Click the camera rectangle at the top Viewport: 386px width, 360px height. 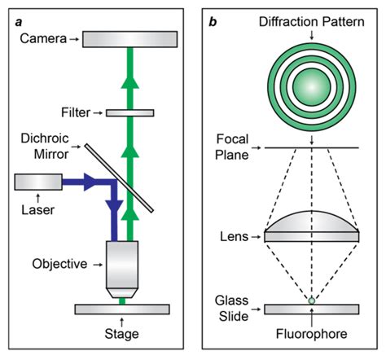click(130, 39)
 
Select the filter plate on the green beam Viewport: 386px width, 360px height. click(130, 112)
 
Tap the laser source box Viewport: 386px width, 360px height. click(38, 182)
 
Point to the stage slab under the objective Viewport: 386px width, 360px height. click(122, 310)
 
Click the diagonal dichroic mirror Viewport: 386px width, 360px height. click(119, 178)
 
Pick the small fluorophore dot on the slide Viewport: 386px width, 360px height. click(312, 301)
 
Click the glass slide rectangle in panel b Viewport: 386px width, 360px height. click(312, 310)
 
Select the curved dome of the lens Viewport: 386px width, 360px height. click(312, 222)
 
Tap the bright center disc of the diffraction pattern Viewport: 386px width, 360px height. click(312, 87)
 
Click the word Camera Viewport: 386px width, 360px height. click(43, 38)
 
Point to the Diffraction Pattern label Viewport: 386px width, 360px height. click(312, 22)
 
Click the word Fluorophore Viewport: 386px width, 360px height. click(312, 334)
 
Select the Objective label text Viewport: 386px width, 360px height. click(59, 264)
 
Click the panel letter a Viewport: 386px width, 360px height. click(19, 22)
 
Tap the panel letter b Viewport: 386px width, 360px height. click(213, 22)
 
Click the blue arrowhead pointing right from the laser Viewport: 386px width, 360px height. click(90, 182)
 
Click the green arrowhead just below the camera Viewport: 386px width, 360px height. click(130, 82)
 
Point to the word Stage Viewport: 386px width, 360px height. click(121, 334)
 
